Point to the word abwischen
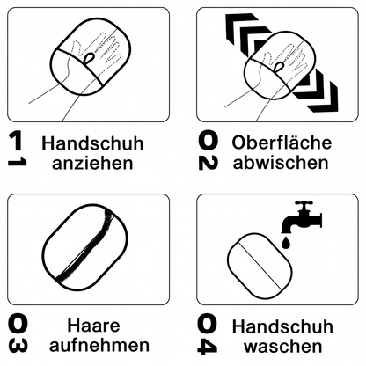pyautogui.click(x=281, y=163)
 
